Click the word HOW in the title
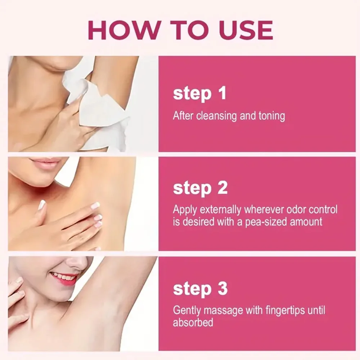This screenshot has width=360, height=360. click(x=124, y=30)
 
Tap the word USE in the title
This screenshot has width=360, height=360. click(x=246, y=30)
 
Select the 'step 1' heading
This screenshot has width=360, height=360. click(x=200, y=94)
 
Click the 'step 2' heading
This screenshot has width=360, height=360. click(x=200, y=188)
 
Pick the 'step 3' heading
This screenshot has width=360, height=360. click(x=200, y=289)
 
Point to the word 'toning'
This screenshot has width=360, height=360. click(x=271, y=116)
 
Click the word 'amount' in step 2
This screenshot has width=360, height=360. click(x=306, y=222)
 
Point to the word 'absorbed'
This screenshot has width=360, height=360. click(x=193, y=323)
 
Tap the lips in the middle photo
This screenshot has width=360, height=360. click(x=44, y=163)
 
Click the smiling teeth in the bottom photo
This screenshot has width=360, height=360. click(x=62, y=276)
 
